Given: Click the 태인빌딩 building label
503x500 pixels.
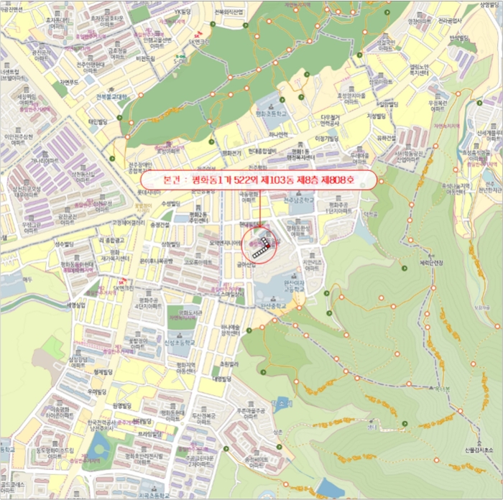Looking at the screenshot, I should [x=97, y=122].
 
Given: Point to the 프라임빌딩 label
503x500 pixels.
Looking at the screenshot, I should [x=149, y=435].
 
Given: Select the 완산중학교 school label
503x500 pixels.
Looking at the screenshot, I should [x=264, y=305].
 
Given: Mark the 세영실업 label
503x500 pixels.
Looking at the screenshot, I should [x=76, y=305].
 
